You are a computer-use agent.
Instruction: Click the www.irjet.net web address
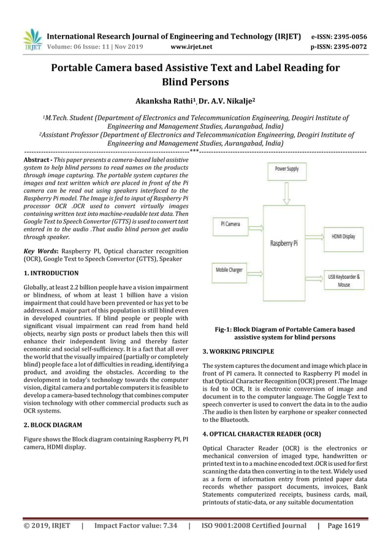point(192,45)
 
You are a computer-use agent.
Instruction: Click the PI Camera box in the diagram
point(230,224)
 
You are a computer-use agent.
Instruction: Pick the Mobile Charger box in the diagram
point(229,270)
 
